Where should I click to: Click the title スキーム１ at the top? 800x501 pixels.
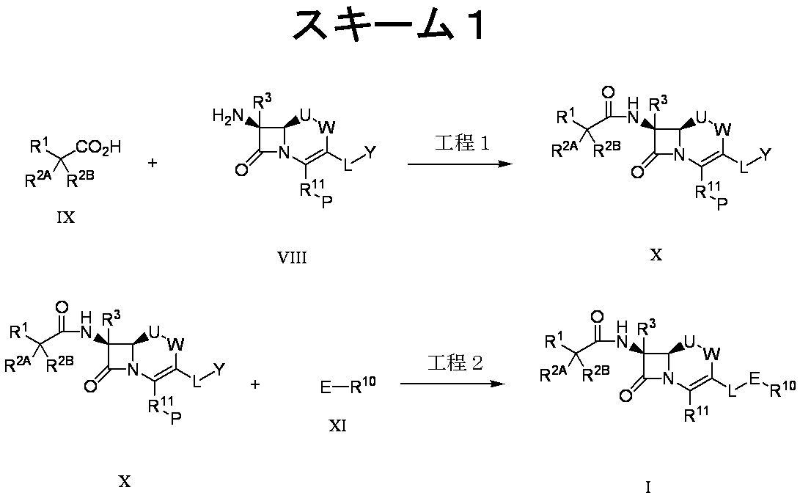[x=389, y=25]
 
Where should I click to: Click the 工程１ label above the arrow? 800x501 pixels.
[x=462, y=143]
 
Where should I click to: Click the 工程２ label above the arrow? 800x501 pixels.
[x=455, y=363]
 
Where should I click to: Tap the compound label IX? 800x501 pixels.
[x=66, y=218]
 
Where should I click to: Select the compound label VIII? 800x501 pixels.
[x=292, y=257]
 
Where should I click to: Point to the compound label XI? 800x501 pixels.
[x=337, y=425]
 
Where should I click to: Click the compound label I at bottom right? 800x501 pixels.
[x=648, y=488]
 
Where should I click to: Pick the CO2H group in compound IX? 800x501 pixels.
[x=98, y=148]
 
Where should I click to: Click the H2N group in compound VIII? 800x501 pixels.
[x=228, y=117]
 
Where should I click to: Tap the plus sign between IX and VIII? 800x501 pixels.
[x=153, y=164]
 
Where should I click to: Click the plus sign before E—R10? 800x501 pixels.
[x=255, y=384]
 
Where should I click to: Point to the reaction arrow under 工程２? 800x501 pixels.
[x=452, y=383]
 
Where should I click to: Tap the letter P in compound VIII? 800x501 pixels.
[x=326, y=201]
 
